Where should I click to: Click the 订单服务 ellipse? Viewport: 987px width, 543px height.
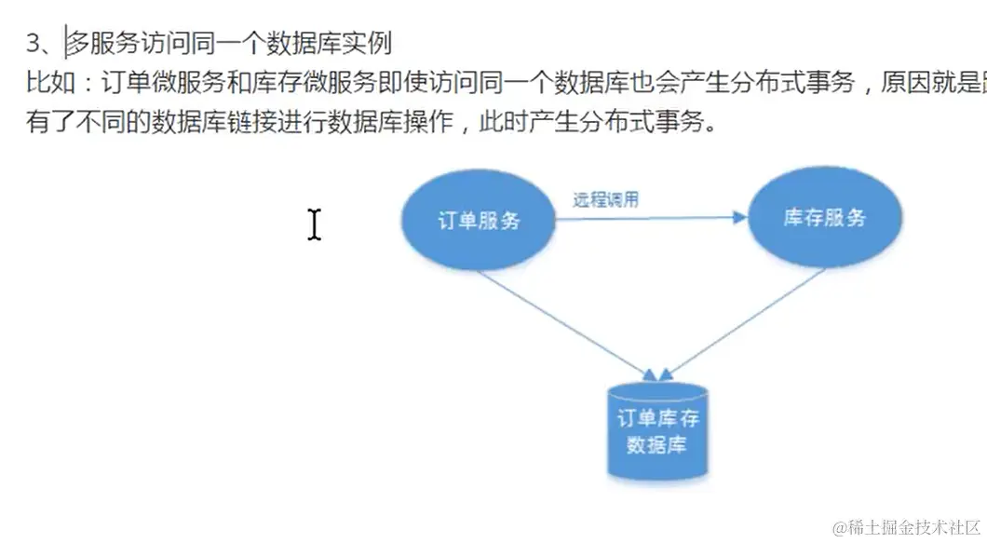(479, 220)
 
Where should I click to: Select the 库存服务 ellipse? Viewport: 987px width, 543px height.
(825, 218)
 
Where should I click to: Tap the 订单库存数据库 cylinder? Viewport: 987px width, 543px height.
(657, 430)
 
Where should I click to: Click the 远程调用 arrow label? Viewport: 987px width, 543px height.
(605, 199)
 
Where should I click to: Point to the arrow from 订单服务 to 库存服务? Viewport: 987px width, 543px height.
(652, 218)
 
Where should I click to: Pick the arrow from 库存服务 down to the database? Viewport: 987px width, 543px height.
(745, 322)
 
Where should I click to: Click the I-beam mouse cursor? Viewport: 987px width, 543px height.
(315, 224)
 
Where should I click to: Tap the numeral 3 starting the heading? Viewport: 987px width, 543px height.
(34, 43)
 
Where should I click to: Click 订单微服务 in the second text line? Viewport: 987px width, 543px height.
(146, 83)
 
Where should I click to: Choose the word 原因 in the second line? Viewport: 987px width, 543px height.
(902, 83)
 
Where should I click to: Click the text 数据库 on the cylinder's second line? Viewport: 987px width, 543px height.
(657, 444)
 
